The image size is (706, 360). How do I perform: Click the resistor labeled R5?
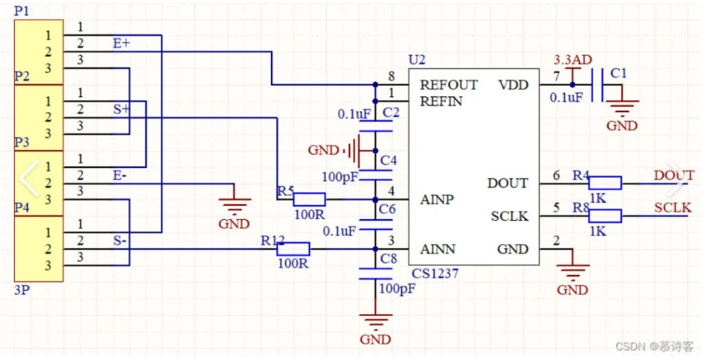[x=309, y=199]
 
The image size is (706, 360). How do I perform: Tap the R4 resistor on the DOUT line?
[x=604, y=182]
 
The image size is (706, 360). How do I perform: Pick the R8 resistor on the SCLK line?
[x=604, y=216]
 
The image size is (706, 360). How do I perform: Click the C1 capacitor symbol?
[x=597, y=84]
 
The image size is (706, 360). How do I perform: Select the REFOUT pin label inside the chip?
[x=449, y=84]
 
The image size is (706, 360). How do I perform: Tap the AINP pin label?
[x=437, y=200]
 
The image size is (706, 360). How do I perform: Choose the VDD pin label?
[x=513, y=84]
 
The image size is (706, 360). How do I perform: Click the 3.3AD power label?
[x=571, y=59]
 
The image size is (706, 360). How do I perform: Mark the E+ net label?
[x=121, y=44]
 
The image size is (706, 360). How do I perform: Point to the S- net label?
[x=120, y=242]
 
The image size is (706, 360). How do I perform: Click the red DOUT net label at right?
[x=674, y=175]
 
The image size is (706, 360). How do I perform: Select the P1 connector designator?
[x=22, y=11]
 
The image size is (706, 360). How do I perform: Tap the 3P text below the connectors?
[x=22, y=289]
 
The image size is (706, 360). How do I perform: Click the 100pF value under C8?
[x=397, y=288]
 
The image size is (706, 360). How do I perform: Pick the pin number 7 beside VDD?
[x=556, y=76]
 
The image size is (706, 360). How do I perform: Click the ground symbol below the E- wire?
[x=234, y=206]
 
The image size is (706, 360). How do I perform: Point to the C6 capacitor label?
[x=388, y=209]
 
